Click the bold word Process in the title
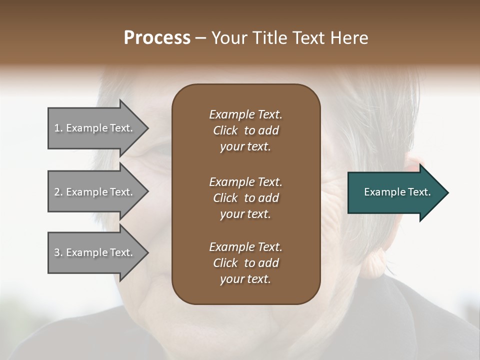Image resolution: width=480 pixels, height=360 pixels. (x=157, y=38)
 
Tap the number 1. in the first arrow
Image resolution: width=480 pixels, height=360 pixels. (x=58, y=128)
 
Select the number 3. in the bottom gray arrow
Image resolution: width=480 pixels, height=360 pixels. (x=58, y=253)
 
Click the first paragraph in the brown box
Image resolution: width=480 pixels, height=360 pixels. (x=245, y=130)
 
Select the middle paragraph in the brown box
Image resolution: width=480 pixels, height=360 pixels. (x=245, y=198)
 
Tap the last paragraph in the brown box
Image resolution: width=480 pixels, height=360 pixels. (x=245, y=263)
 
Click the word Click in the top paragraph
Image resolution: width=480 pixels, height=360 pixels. (x=225, y=131)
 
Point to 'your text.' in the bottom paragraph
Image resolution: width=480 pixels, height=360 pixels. (x=245, y=279)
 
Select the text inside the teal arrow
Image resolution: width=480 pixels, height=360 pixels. (x=397, y=192)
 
